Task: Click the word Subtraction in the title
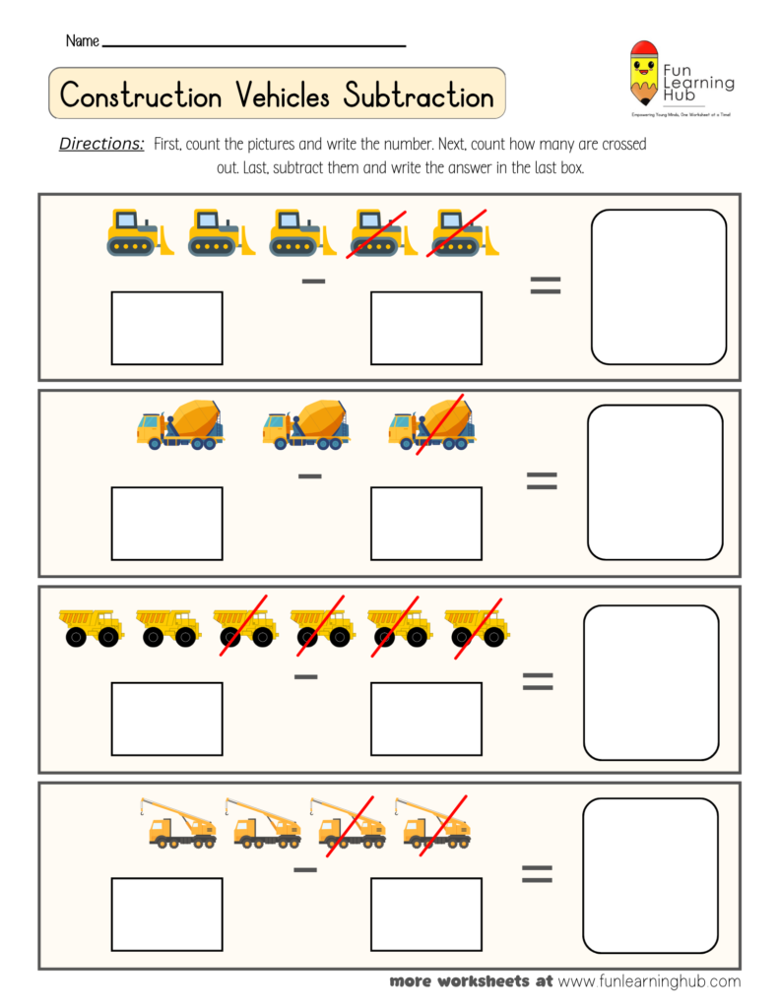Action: [419, 95]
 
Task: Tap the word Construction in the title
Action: [141, 95]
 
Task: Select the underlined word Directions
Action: [101, 144]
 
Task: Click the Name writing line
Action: [253, 45]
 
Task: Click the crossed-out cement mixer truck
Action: [431, 425]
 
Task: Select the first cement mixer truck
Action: [179, 425]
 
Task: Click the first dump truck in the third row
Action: [91, 627]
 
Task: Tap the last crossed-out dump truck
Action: [477, 627]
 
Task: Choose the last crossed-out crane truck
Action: [435, 823]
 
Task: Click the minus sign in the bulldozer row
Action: [313, 283]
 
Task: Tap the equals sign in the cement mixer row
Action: [542, 480]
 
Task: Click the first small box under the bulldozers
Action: [166, 328]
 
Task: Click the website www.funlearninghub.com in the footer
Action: [649, 981]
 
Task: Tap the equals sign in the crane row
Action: [537, 873]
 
